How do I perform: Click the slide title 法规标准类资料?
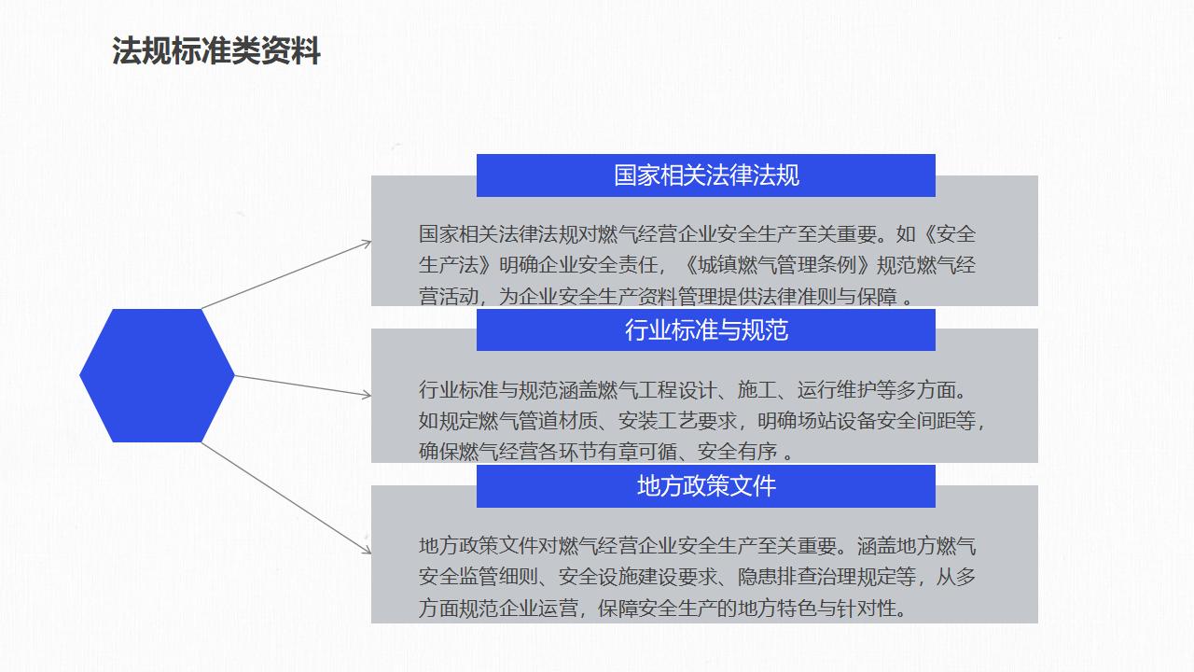(x=215, y=51)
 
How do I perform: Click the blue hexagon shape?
(x=157, y=375)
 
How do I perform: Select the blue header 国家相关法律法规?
(x=706, y=175)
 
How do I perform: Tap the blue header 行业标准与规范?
(x=706, y=329)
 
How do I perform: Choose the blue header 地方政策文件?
(x=706, y=486)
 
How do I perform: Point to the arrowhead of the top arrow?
(x=367, y=244)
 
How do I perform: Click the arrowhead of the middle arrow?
(x=367, y=395)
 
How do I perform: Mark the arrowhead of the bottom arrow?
(x=367, y=550)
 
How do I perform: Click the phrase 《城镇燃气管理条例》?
(x=777, y=265)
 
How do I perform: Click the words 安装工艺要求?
(x=677, y=421)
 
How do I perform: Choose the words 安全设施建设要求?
(x=637, y=577)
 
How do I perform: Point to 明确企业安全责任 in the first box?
(x=577, y=265)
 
